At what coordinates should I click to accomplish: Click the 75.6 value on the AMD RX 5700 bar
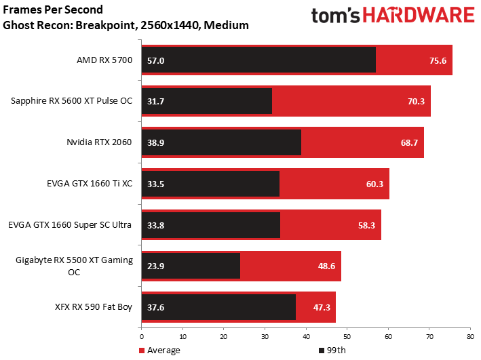tap(438, 61)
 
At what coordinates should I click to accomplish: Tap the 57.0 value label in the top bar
tap(155, 61)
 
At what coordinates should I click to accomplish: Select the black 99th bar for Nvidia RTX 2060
tap(221, 142)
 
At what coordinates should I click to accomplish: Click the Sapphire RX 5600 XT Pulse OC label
tap(71, 101)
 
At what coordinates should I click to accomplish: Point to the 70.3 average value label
tap(416, 102)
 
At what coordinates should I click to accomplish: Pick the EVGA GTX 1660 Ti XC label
tap(90, 183)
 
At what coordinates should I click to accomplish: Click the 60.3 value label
tap(374, 184)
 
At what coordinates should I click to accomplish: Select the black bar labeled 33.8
tap(211, 225)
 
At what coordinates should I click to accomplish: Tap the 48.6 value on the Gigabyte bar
tap(326, 266)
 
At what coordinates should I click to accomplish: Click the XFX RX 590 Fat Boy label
tap(94, 307)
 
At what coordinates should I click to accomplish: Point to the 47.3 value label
tap(322, 307)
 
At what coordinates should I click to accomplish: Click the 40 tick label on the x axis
tap(306, 337)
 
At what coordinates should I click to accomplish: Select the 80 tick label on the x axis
tap(471, 337)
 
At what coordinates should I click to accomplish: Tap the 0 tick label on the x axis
tap(141, 337)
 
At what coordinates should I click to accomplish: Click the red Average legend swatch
tap(141, 351)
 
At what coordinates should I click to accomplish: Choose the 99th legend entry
tap(332, 351)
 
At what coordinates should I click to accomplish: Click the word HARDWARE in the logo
tap(419, 16)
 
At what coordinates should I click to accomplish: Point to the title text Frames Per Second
tap(53, 9)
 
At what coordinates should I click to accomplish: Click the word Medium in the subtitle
tap(226, 25)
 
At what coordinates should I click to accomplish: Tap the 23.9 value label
tap(155, 266)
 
